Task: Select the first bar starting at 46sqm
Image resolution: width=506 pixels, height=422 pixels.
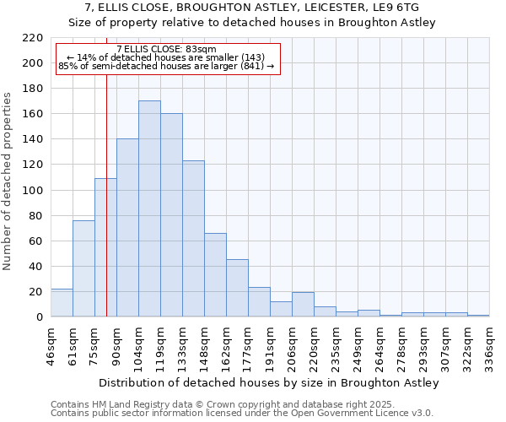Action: pos(62,303)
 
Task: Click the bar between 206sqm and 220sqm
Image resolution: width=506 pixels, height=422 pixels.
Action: pos(303,305)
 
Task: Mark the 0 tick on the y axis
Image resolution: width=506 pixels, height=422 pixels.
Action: pos(39,317)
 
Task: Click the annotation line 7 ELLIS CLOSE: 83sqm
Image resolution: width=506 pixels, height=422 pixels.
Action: pos(166,49)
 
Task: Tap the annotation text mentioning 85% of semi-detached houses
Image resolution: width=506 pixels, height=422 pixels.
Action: pos(166,66)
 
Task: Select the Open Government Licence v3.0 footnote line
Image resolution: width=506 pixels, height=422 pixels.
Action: pos(242,413)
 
